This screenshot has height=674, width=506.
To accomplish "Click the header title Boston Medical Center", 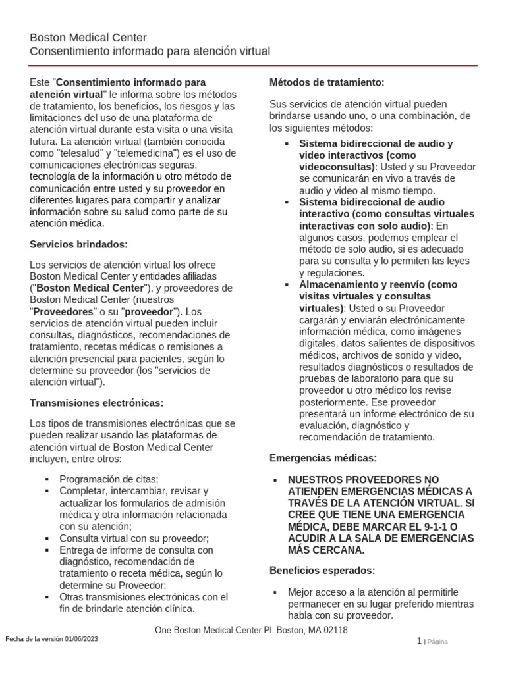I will (88, 38).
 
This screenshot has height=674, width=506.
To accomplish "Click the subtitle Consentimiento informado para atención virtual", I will (150, 51).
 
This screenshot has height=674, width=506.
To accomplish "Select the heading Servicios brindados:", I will (79, 244).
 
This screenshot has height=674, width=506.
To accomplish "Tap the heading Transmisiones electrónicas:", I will (97, 402).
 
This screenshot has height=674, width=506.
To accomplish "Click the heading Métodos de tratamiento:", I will (327, 82).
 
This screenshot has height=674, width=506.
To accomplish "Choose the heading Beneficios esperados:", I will (322, 570).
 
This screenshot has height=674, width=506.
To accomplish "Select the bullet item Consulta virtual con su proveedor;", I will (134, 538).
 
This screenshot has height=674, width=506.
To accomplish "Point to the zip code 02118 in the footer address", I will (334, 630).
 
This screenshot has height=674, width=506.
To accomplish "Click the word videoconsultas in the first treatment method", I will (336, 167).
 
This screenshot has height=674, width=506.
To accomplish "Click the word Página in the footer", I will (437, 642).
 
